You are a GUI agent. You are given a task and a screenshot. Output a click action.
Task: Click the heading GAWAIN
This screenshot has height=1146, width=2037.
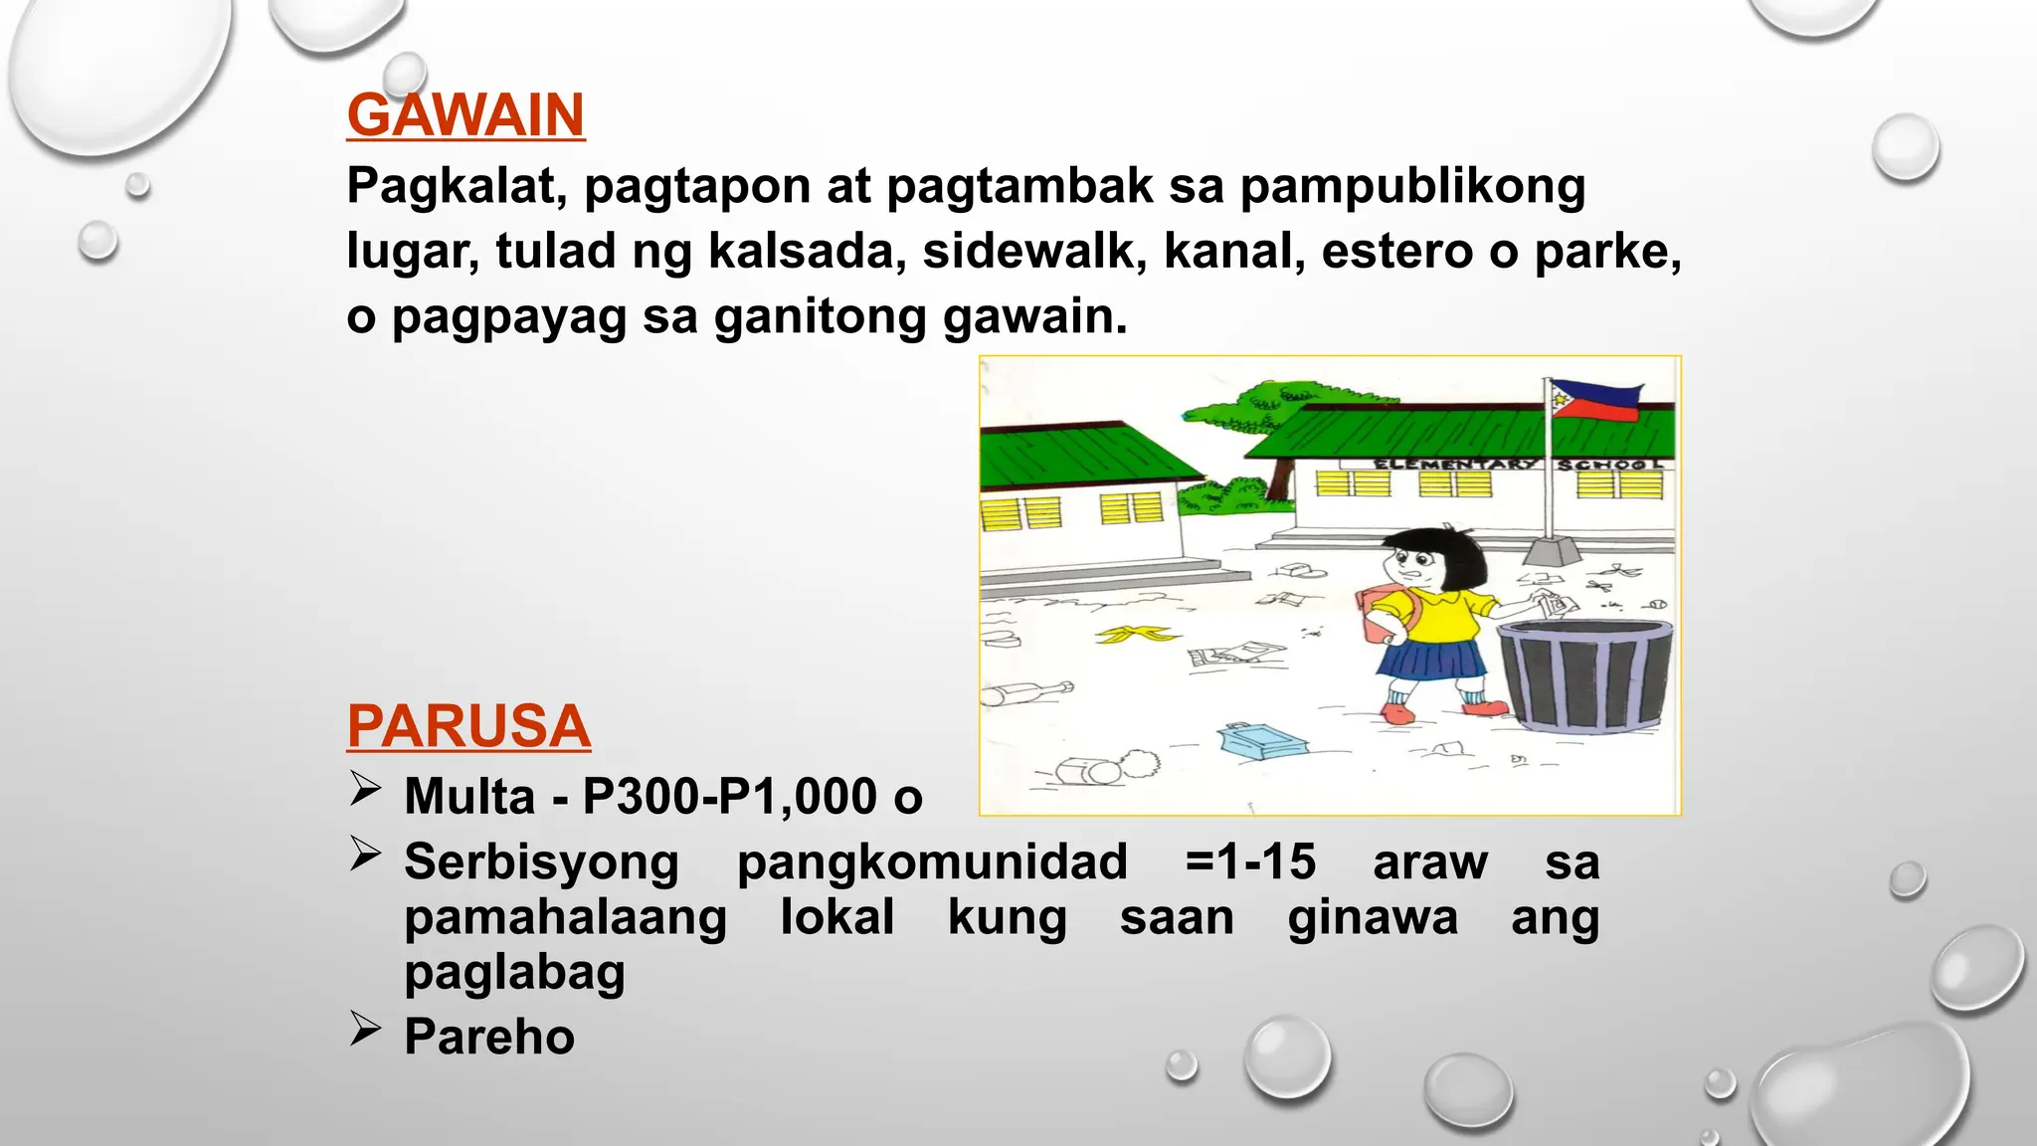pos(465,115)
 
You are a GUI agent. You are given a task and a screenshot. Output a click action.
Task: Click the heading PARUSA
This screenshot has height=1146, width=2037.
pos(468,726)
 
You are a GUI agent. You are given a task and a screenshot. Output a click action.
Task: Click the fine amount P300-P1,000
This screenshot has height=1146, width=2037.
pos(729,797)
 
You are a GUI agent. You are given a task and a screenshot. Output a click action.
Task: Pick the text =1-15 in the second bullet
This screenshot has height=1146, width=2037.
pos(1250,861)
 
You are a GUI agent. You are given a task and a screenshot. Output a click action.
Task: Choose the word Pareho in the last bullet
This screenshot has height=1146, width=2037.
pos(489,1037)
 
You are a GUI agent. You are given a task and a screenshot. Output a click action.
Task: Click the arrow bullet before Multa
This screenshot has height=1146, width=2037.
pos(365,790)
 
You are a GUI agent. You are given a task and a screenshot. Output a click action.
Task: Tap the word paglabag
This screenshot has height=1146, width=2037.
pos(514,972)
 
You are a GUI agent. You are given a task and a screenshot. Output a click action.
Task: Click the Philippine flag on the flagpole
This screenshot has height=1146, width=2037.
pos(1594,400)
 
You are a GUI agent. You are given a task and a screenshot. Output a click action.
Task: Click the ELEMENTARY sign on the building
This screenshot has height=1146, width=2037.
pos(1454,464)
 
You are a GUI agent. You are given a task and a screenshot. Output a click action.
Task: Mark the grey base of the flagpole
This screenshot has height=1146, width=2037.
pos(1551,552)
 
